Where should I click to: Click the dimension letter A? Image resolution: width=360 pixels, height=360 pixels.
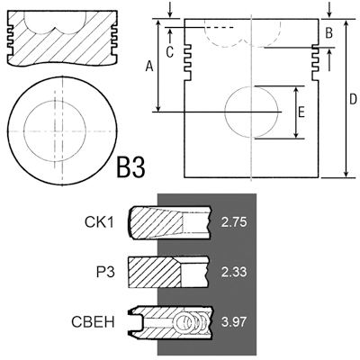click(149, 67)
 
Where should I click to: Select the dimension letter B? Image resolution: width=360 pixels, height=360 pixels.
click(328, 32)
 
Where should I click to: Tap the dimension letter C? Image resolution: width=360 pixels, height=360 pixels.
click(170, 52)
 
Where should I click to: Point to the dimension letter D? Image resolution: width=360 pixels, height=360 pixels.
click(353, 99)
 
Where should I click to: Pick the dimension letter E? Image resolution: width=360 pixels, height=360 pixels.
click(301, 112)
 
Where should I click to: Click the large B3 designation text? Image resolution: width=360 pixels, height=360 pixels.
click(130, 167)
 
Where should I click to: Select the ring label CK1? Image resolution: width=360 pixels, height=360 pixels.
click(99, 222)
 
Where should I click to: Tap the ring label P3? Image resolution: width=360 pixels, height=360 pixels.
click(105, 272)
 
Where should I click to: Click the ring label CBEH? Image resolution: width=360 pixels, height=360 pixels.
click(93, 322)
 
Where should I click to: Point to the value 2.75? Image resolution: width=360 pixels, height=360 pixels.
click(234, 222)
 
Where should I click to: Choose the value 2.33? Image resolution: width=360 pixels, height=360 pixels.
click(234, 272)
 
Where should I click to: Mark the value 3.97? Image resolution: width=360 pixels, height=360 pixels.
click(234, 322)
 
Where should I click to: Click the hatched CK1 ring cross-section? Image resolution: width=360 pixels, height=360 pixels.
click(156, 222)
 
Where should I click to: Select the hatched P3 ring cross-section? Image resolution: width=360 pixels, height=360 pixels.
click(155, 272)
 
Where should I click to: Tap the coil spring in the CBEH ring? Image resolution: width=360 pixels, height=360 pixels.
click(192, 322)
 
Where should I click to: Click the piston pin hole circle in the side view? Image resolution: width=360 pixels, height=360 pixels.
click(225, 112)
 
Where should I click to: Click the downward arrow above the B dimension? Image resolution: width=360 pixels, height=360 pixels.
click(329, 10)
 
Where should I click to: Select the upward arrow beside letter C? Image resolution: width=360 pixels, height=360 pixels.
click(170, 35)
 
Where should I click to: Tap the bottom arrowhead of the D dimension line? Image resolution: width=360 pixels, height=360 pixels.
click(346, 174)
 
